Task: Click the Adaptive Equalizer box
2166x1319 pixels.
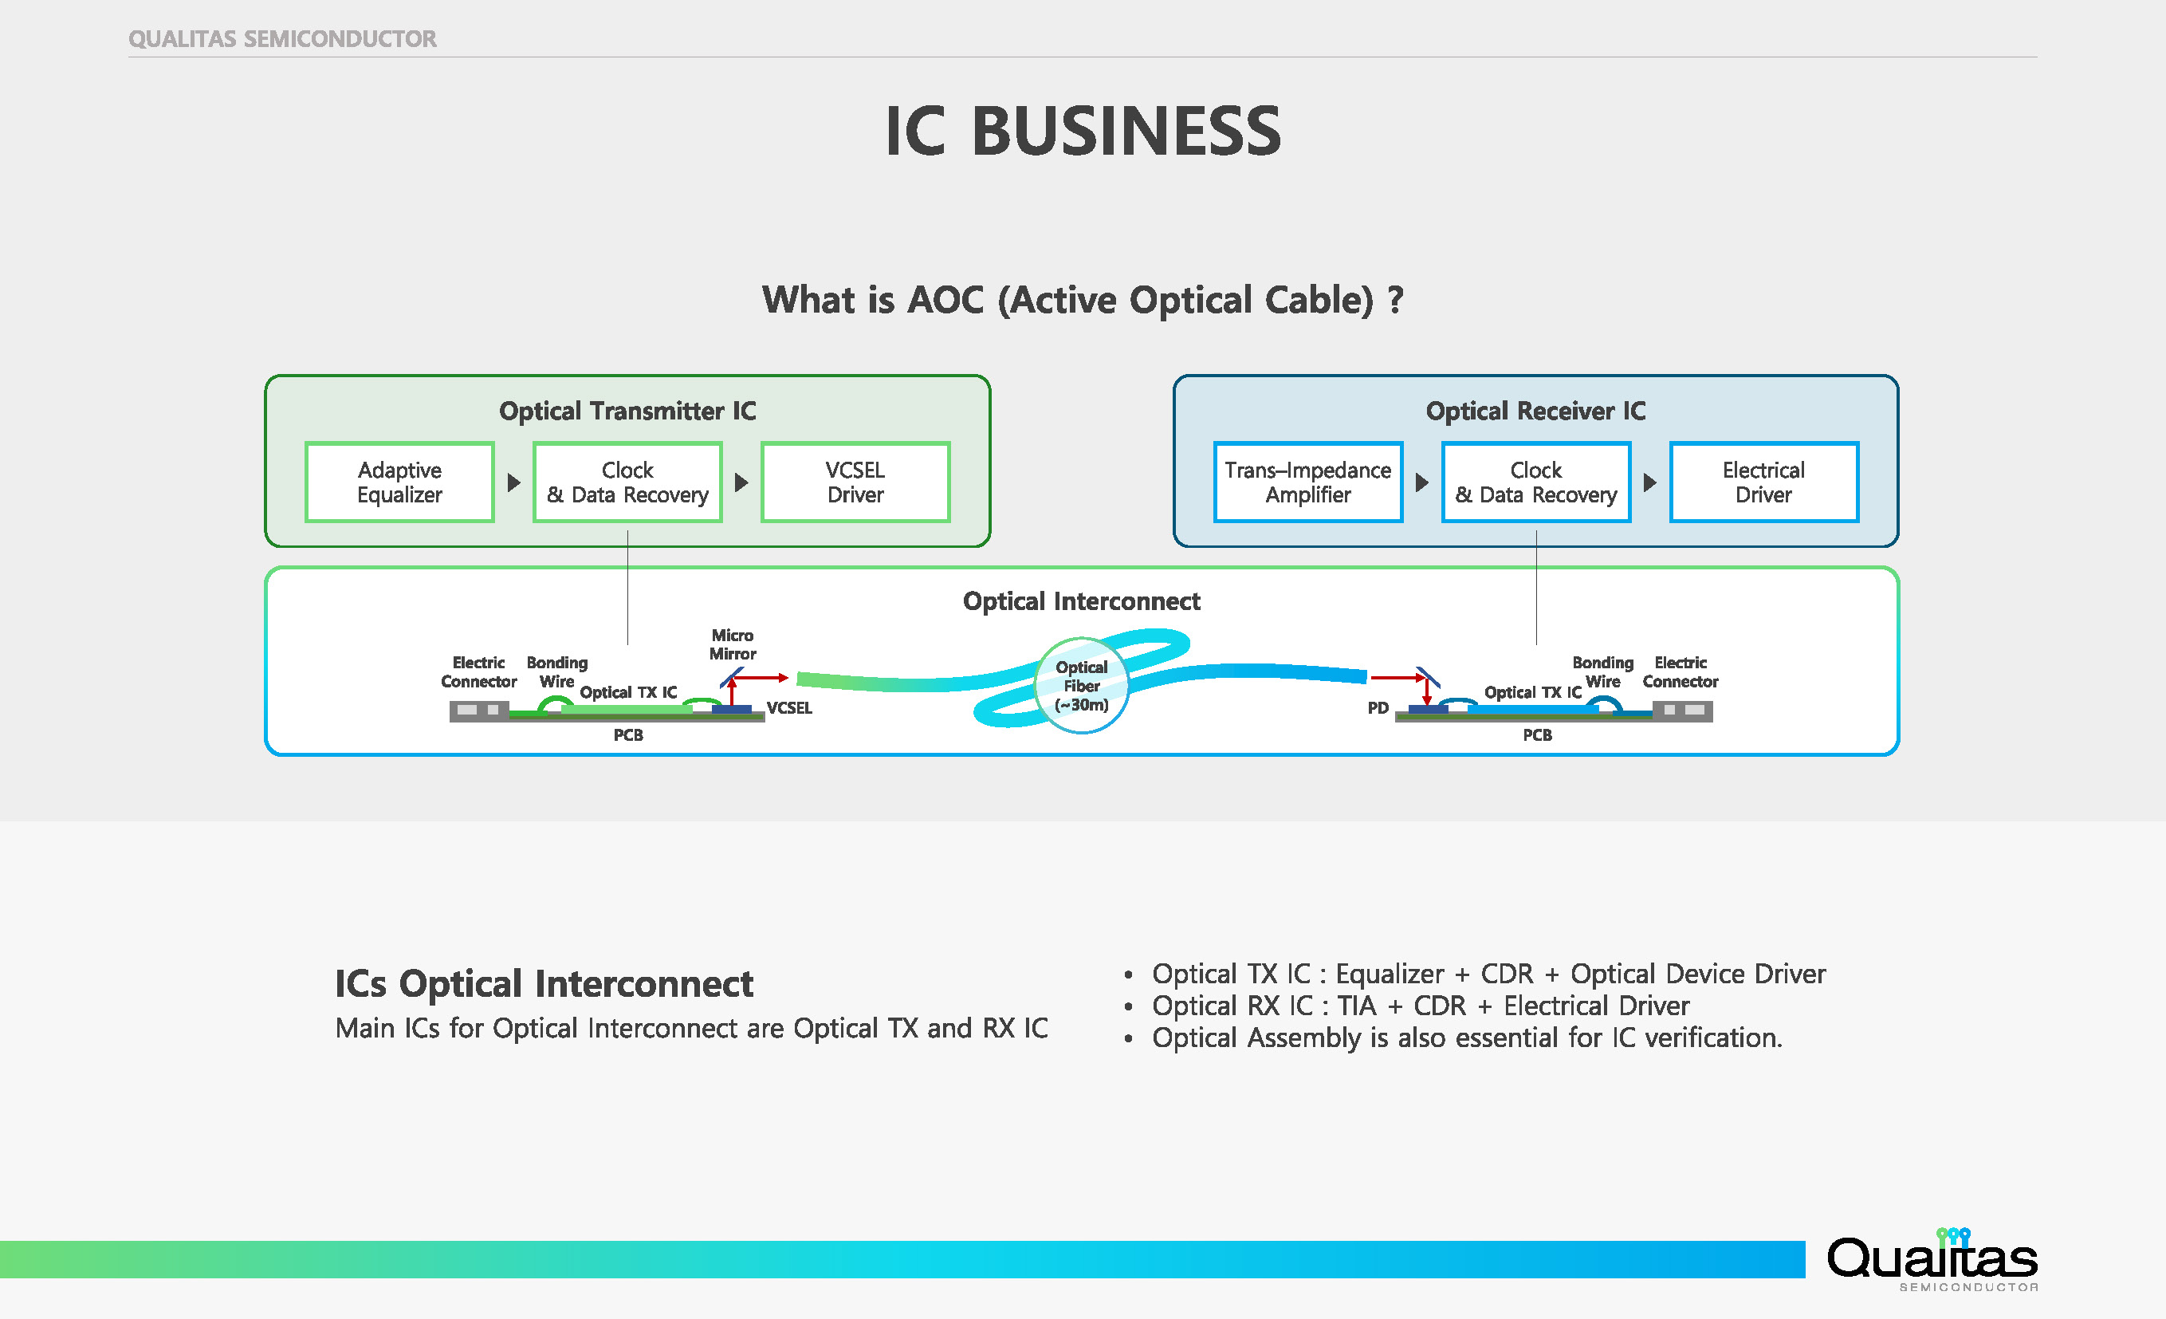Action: [x=399, y=482]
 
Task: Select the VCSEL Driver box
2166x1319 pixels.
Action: [x=855, y=482]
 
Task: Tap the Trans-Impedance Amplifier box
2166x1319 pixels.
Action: [x=1307, y=482]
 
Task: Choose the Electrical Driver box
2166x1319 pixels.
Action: [x=1763, y=482]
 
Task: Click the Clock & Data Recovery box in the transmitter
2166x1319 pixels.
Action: [x=627, y=482]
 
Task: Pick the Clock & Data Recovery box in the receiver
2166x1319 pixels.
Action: [x=1535, y=482]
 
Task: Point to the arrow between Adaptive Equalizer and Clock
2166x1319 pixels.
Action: [x=514, y=482]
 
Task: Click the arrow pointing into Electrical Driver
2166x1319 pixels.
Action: [x=1650, y=482]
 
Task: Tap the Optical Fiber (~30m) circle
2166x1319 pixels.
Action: [x=1081, y=685]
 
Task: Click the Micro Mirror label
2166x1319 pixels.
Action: [x=733, y=644]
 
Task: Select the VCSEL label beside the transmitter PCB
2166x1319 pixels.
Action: [x=788, y=708]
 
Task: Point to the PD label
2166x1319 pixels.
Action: [x=1378, y=708]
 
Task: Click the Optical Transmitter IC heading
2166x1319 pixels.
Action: [x=627, y=411]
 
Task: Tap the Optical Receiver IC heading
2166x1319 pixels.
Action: [x=1535, y=411]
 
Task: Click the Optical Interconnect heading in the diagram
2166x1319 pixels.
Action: [x=1081, y=601]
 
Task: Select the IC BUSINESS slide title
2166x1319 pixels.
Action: [x=1082, y=132]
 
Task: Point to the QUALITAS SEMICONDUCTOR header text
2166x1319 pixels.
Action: [x=282, y=39]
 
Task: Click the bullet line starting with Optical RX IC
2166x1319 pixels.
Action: [x=1420, y=1005]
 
